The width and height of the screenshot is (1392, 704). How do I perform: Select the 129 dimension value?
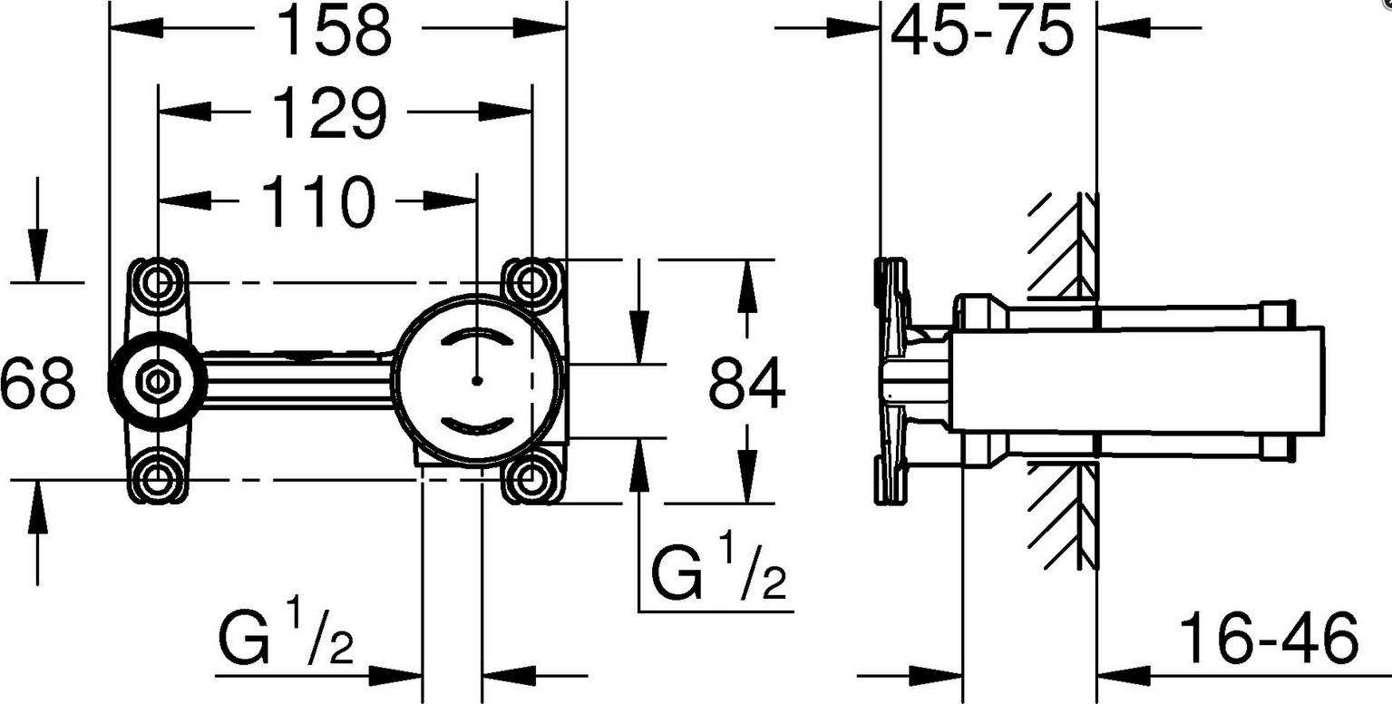329,115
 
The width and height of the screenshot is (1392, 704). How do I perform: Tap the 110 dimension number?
317,202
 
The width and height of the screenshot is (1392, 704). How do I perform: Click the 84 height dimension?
746,383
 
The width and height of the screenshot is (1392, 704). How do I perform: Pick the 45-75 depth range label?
982,33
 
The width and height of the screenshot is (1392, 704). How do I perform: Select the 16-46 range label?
1270,638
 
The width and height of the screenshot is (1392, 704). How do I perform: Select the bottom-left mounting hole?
158,474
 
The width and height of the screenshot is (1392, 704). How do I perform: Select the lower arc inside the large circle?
478,424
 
